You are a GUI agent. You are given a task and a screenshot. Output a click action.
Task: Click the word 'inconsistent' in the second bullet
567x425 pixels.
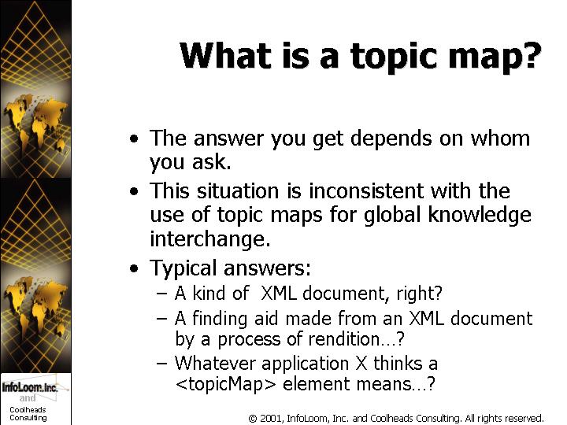click(366, 190)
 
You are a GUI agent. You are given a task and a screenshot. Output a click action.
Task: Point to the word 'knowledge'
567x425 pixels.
click(480, 215)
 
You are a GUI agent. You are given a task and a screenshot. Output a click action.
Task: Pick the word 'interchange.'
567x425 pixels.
click(210, 239)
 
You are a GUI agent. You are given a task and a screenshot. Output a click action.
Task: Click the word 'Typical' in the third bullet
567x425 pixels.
click(183, 268)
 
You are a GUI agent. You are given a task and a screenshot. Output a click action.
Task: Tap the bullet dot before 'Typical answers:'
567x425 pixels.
click(134, 268)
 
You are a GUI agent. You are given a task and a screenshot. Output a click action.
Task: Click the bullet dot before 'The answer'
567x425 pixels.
click(134, 139)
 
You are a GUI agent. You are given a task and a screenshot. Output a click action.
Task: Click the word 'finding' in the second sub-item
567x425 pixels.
click(220, 319)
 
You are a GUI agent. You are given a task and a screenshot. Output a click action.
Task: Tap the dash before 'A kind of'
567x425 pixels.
click(162, 293)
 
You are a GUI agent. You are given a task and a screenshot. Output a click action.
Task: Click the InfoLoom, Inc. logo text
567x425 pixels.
click(30, 387)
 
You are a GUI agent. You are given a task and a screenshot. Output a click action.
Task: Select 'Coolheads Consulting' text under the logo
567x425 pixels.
click(28, 414)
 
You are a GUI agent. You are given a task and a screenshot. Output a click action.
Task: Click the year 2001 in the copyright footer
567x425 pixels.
click(271, 419)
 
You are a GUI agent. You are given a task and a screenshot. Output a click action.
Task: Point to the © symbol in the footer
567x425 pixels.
click(253, 419)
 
